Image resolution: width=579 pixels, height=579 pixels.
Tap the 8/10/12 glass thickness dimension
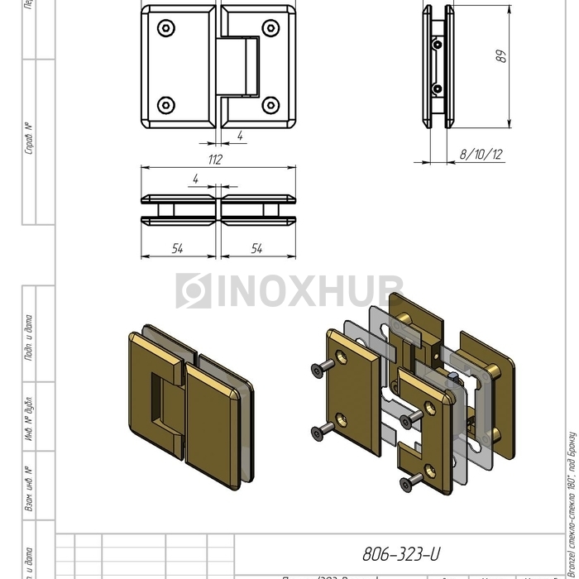(481, 155)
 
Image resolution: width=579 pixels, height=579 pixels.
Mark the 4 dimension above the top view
(195, 179)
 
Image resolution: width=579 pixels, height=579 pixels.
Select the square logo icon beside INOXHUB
(193, 291)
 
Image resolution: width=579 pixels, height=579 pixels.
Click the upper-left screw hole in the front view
(167, 28)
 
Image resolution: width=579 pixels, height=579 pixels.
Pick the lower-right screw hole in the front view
(270, 105)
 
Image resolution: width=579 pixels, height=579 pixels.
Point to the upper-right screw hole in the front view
(270, 28)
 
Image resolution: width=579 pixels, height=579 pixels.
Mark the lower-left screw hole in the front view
(167, 105)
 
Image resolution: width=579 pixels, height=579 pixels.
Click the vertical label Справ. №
(29, 139)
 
